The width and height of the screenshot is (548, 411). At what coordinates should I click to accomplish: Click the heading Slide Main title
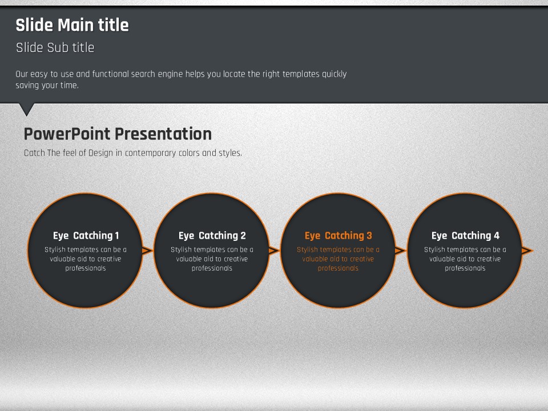point(72,25)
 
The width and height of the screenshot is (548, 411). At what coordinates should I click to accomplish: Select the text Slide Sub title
point(55,47)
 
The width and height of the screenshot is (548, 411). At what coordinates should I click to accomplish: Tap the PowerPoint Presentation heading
point(118,134)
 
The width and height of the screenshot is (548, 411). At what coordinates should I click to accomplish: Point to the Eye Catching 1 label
point(86,236)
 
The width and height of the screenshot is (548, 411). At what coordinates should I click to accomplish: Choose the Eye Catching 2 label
point(212,236)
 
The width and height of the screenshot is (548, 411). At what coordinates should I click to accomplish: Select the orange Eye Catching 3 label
point(339,236)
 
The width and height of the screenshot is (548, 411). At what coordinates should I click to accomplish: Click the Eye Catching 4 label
point(465,236)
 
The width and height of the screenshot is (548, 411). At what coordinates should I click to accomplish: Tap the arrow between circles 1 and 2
point(147,250)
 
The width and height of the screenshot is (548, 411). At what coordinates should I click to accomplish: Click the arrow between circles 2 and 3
point(273,250)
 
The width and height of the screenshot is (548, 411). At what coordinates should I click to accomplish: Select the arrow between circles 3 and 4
point(400,250)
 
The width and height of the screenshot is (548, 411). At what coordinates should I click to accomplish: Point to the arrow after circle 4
point(527,250)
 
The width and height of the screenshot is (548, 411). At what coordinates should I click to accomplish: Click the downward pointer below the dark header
point(27,110)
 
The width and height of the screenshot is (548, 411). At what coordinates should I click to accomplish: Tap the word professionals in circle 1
point(86,268)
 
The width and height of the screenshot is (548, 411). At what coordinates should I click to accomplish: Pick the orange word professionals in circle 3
point(339,268)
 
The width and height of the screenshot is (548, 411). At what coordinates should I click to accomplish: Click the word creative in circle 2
point(235,259)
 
